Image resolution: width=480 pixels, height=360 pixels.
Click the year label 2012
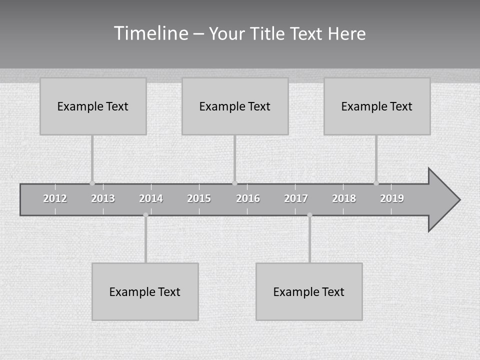pyautogui.click(x=55, y=198)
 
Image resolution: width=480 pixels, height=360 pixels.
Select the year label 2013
pyautogui.click(x=103, y=198)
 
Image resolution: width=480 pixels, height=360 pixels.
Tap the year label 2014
pyautogui.click(x=151, y=198)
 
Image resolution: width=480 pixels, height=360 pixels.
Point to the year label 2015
pyautogui.click(x=199, y=198)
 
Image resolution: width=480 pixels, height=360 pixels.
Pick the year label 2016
pyautogui.click(x=248, y=198)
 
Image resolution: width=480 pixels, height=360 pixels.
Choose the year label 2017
pyautogui.click(x=296, y=198)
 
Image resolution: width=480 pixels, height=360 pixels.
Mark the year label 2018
pyautogui.click(x=344, y=198)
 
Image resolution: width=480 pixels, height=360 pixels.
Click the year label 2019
pyautogui.click(x=392, y=198)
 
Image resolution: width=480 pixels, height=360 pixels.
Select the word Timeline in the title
pyautogui.click(x=150, y=33)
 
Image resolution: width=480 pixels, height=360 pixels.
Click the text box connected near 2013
pyautogui.click(x=93, y=106)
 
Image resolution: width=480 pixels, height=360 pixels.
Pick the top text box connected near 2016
pyautogui.click(x=235, y=106)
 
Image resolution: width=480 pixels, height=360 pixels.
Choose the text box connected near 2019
pyautogui.click(x=377, y=106)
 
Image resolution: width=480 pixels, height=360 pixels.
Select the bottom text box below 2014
pyautogui.click(x=145, y=291)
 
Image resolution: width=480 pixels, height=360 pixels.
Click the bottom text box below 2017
pyautogui.click(x=309, y=291)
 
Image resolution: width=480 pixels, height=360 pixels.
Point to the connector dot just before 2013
pyautogui.click(x=92, y=183)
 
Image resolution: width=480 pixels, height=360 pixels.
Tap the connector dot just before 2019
pyautogui.click(x=376, y=183)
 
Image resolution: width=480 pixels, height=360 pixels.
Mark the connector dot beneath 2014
pyautogui.click(x=145, y=215)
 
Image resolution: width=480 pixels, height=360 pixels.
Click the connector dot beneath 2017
pyautogui.click(x=309, y=215)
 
